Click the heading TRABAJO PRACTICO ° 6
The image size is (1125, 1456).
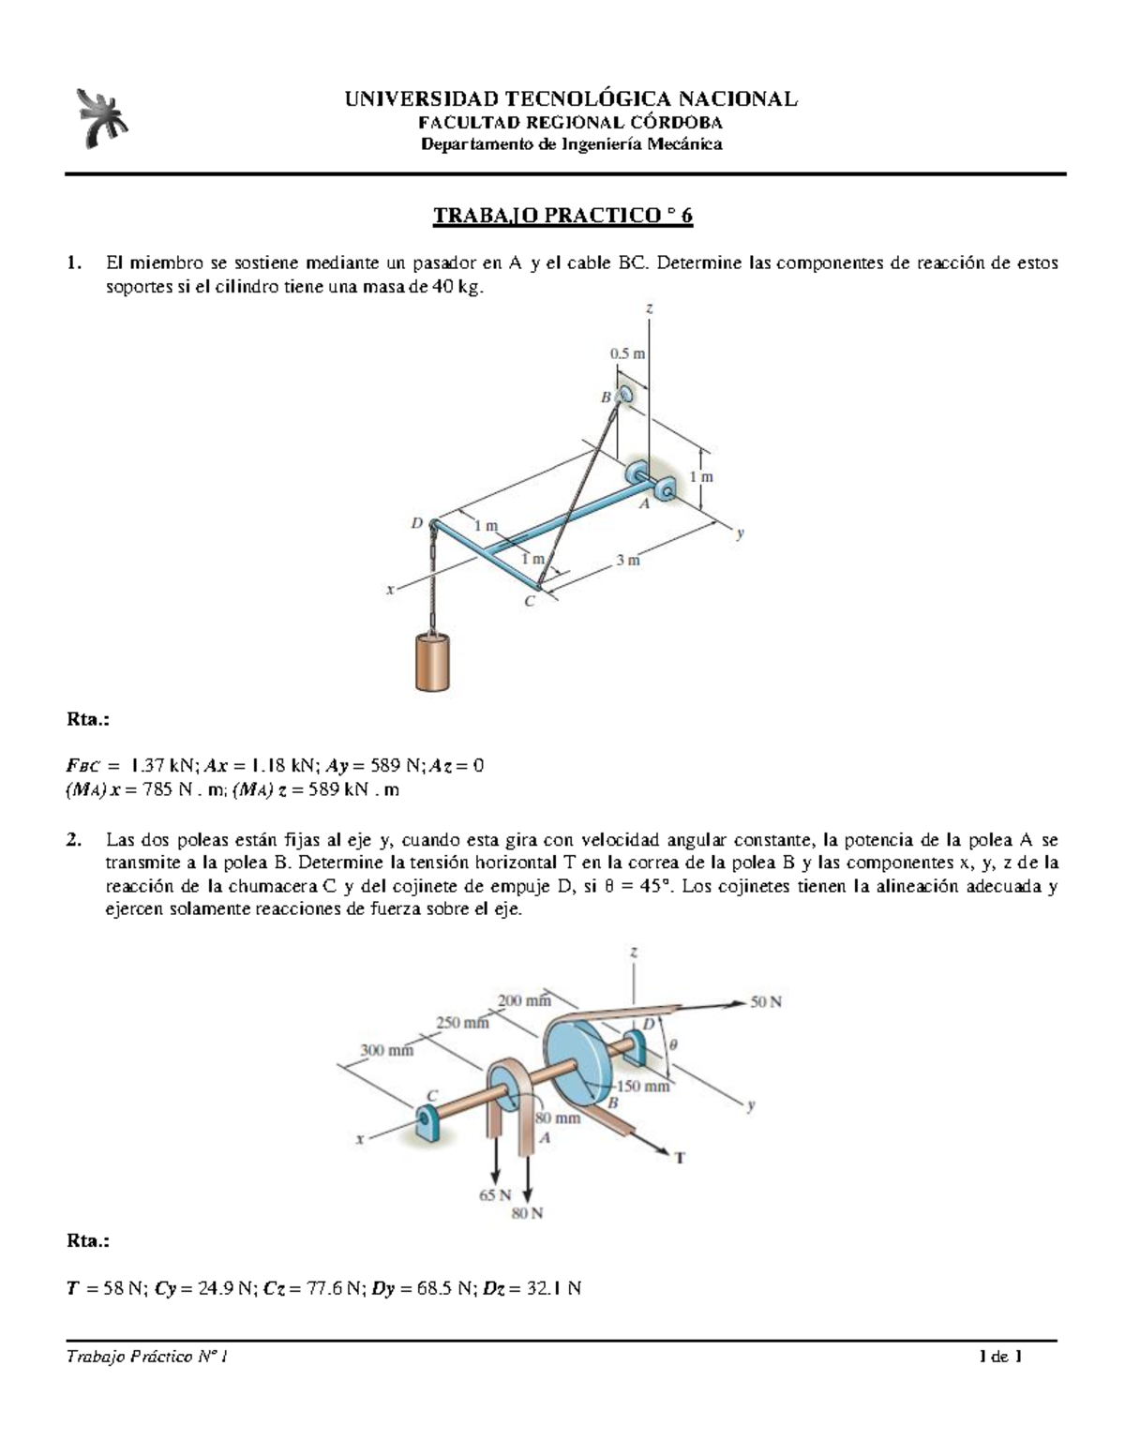pyautogui.click(x=562, y=216)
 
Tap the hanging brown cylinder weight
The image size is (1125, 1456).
pyautogui.click(x=433, y=662)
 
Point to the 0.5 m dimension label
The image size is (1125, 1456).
pyautogui.click(x=627, y=353)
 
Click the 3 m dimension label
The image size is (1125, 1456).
pyautogui.click(x=627, y=560)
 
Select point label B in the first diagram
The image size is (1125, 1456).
pyautogui.click(x=606, y=398)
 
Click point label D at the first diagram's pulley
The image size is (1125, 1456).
pyautogui.click(x=417, y=523)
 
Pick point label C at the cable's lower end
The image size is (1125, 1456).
pyautogui.click(x=529, y=602)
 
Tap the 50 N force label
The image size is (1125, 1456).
pyautogui.click(x=766, y=1001)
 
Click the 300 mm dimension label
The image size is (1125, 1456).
pyautogui.click(x=387, y=1051)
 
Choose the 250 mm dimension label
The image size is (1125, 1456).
pyautogui.click(x=462, y=1023)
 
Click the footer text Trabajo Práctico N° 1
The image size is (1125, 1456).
pyautogui.click(x=146, y=1357)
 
